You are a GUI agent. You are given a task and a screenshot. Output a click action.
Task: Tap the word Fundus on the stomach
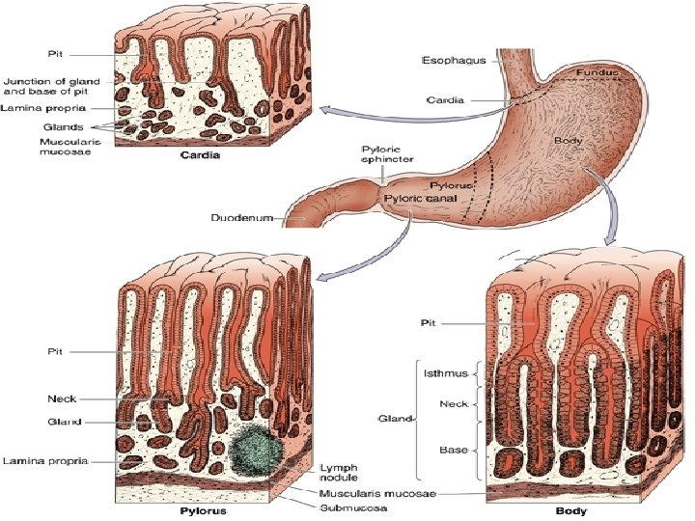click(x=597, y=73)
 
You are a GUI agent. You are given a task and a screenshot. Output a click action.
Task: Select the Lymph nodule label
click(x=339, y=470)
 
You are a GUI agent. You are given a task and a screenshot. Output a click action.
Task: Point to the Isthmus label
click(x=444, y=371)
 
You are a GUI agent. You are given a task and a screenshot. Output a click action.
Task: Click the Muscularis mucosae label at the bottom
click(x=377, y=493)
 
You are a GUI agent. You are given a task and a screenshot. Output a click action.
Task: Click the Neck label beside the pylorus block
click(x=62, y=398)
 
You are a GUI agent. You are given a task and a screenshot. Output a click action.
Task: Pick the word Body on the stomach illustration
click(x=569, y=142)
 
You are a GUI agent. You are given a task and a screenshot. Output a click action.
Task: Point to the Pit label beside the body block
click(x=432, y=325)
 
